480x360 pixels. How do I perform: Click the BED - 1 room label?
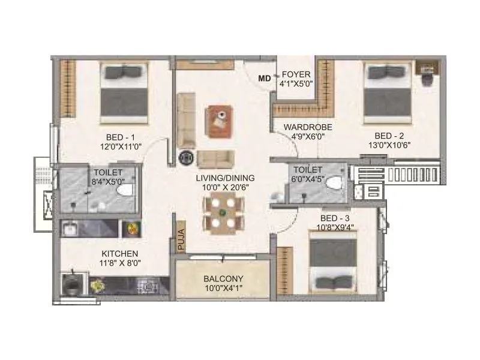coord(119,136)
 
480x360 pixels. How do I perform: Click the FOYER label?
coord(296,75)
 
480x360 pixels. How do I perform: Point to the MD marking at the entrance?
coord(264,78)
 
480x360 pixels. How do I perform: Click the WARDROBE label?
coord(304,127)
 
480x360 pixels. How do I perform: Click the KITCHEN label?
coord(120,254)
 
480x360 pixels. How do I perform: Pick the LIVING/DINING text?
coord(225,178)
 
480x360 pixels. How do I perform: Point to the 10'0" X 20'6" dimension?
coord(225,188)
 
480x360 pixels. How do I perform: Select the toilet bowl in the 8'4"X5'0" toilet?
coord(125,190)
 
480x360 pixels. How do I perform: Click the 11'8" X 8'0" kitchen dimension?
coord(120,263)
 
